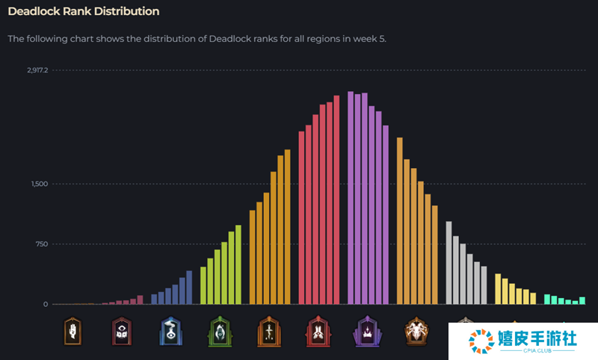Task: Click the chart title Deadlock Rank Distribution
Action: coord(83,12)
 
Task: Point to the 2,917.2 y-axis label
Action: coord(37,70)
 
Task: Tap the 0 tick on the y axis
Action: coord(45,304)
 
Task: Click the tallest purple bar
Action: coord(351,198)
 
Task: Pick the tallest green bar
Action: coord(238,264)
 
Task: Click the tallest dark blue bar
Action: coord(189,288)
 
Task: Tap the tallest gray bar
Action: coord(449,263)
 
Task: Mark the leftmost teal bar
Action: coord(547,300)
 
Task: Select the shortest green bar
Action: coord(203,285)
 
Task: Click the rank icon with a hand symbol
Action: coord(72,330)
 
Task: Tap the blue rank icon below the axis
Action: coord(170,330)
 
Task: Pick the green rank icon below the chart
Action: coord(219,330)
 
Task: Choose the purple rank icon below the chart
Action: coord(367,330)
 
